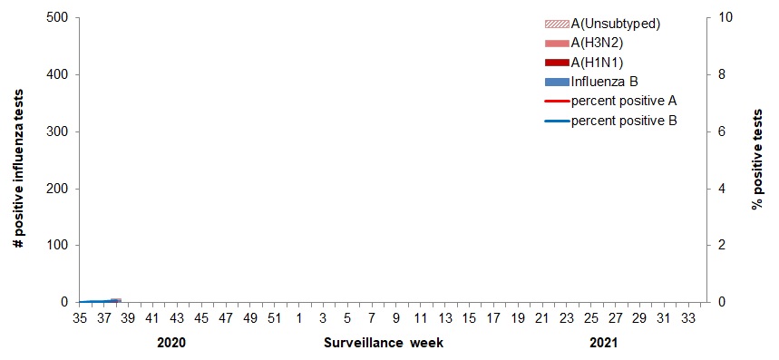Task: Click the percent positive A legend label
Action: [624, 100]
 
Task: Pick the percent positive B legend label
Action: [624, 120]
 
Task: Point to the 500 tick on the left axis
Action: [55, 17]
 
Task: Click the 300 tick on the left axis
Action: [55, 131]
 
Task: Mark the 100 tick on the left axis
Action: [55, 246]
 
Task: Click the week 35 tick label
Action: [79, 318]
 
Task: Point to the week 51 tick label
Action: [274, 318]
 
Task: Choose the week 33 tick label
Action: [688, 318]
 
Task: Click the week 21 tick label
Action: [541, 318]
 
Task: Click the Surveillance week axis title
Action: [384, 343]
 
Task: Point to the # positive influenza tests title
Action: [18, 160]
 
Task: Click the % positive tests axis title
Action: [758, 160]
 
